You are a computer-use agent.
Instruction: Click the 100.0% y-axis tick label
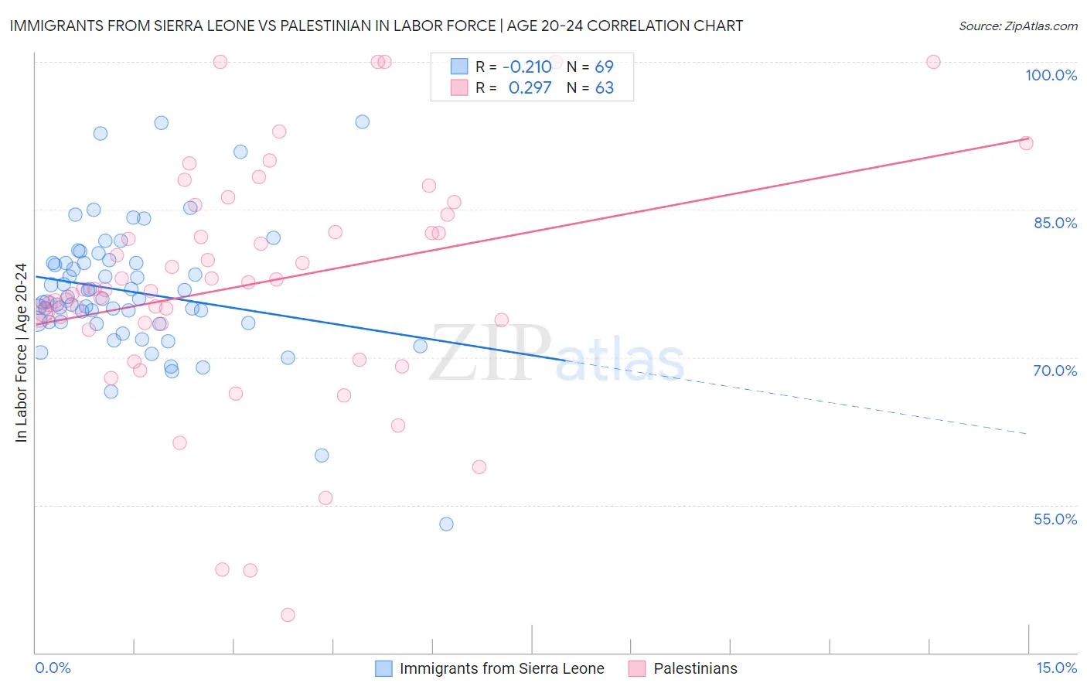pos(1051,75)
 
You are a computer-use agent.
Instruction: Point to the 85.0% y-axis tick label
pos(1055,223)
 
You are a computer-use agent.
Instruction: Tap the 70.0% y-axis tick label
pos(1055,371)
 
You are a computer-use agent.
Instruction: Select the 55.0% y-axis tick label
pos(1055,519)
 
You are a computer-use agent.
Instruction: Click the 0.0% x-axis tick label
pos(53,668)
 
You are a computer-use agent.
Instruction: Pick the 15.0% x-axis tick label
pos(1056,668)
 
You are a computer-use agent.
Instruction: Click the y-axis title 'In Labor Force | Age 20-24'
pos(21,353)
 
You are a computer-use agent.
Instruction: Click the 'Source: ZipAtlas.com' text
pos(1017,26)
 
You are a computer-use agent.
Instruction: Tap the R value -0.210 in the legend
pos(526,67)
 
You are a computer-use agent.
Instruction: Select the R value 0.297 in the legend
pos(530,88)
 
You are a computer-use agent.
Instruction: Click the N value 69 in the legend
pos(604,67)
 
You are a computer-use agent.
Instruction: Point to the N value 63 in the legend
pos(604,88)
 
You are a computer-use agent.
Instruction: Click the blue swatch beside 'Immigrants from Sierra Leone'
pos(383,668)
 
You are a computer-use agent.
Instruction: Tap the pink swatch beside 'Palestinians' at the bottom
pos(637,668)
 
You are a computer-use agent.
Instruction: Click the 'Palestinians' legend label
pos(695,668)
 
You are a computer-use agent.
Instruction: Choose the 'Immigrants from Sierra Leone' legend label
pos(501,668)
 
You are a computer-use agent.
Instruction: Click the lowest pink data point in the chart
pos(288,615)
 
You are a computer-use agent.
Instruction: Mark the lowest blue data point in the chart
pos(446,524)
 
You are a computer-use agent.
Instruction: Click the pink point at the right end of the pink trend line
pos(1026,142)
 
